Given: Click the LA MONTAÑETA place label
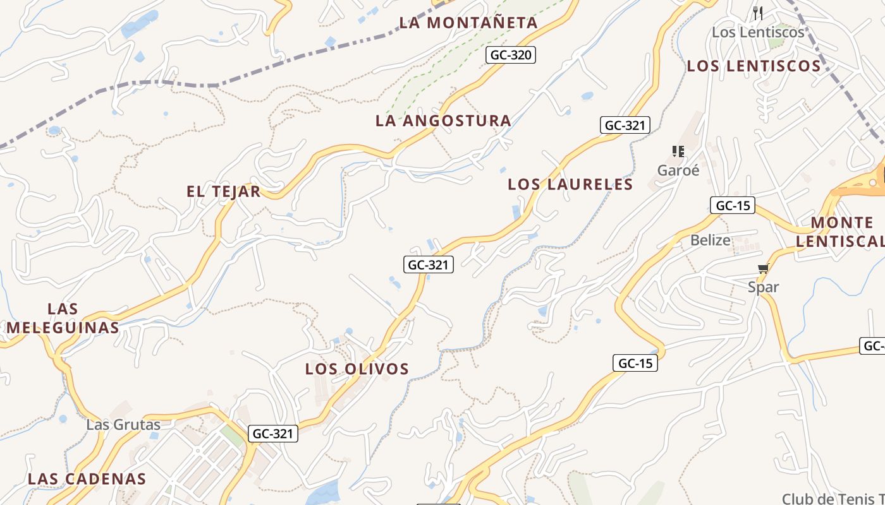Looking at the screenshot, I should tap(468, 23).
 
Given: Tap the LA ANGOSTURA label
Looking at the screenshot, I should tap(443, 121).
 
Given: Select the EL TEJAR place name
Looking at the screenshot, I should tap(224, 191).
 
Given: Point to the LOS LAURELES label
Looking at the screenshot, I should tap(570, 184).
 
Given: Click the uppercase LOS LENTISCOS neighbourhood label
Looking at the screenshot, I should tap(754, 66).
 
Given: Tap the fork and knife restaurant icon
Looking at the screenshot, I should tap(758, 13).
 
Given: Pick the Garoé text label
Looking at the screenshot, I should tap(678, 170).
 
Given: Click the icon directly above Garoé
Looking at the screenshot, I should tap(678, 151).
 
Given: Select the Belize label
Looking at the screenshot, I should tap(710, 240).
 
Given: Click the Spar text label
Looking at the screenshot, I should tap(763, 287).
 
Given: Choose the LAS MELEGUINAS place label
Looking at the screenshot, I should tap(63, 318).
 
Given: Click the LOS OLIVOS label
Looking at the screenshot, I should tap(357, 369).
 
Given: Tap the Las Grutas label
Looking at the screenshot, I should tap(123, 424).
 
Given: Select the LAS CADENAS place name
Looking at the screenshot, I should tap(87, 479).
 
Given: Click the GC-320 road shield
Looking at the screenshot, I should tap(511, 55).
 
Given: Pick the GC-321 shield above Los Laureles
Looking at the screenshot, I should tap(625, 125).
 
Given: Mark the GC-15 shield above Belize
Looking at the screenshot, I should tap(733, 205).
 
